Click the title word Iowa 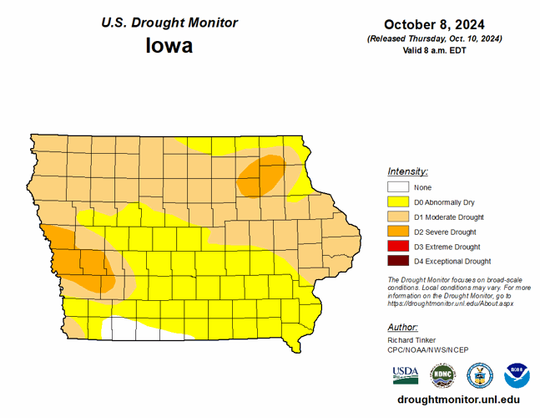tap(169, 45)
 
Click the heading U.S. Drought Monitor tap(169, 23)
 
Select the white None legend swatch tap(398, 187)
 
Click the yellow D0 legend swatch tap(398, 202)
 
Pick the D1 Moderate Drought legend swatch tap(398, 217)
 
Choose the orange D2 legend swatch tap(398, 232)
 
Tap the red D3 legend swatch tap(398, 247)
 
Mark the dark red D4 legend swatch tap(398, 262)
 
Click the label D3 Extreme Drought tap(447, 247)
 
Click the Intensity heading tap(407, 171)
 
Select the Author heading tap(403, 327)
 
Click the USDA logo tap(406, 374)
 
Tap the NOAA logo tap(517, 374)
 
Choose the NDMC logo tap(442, 374)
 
